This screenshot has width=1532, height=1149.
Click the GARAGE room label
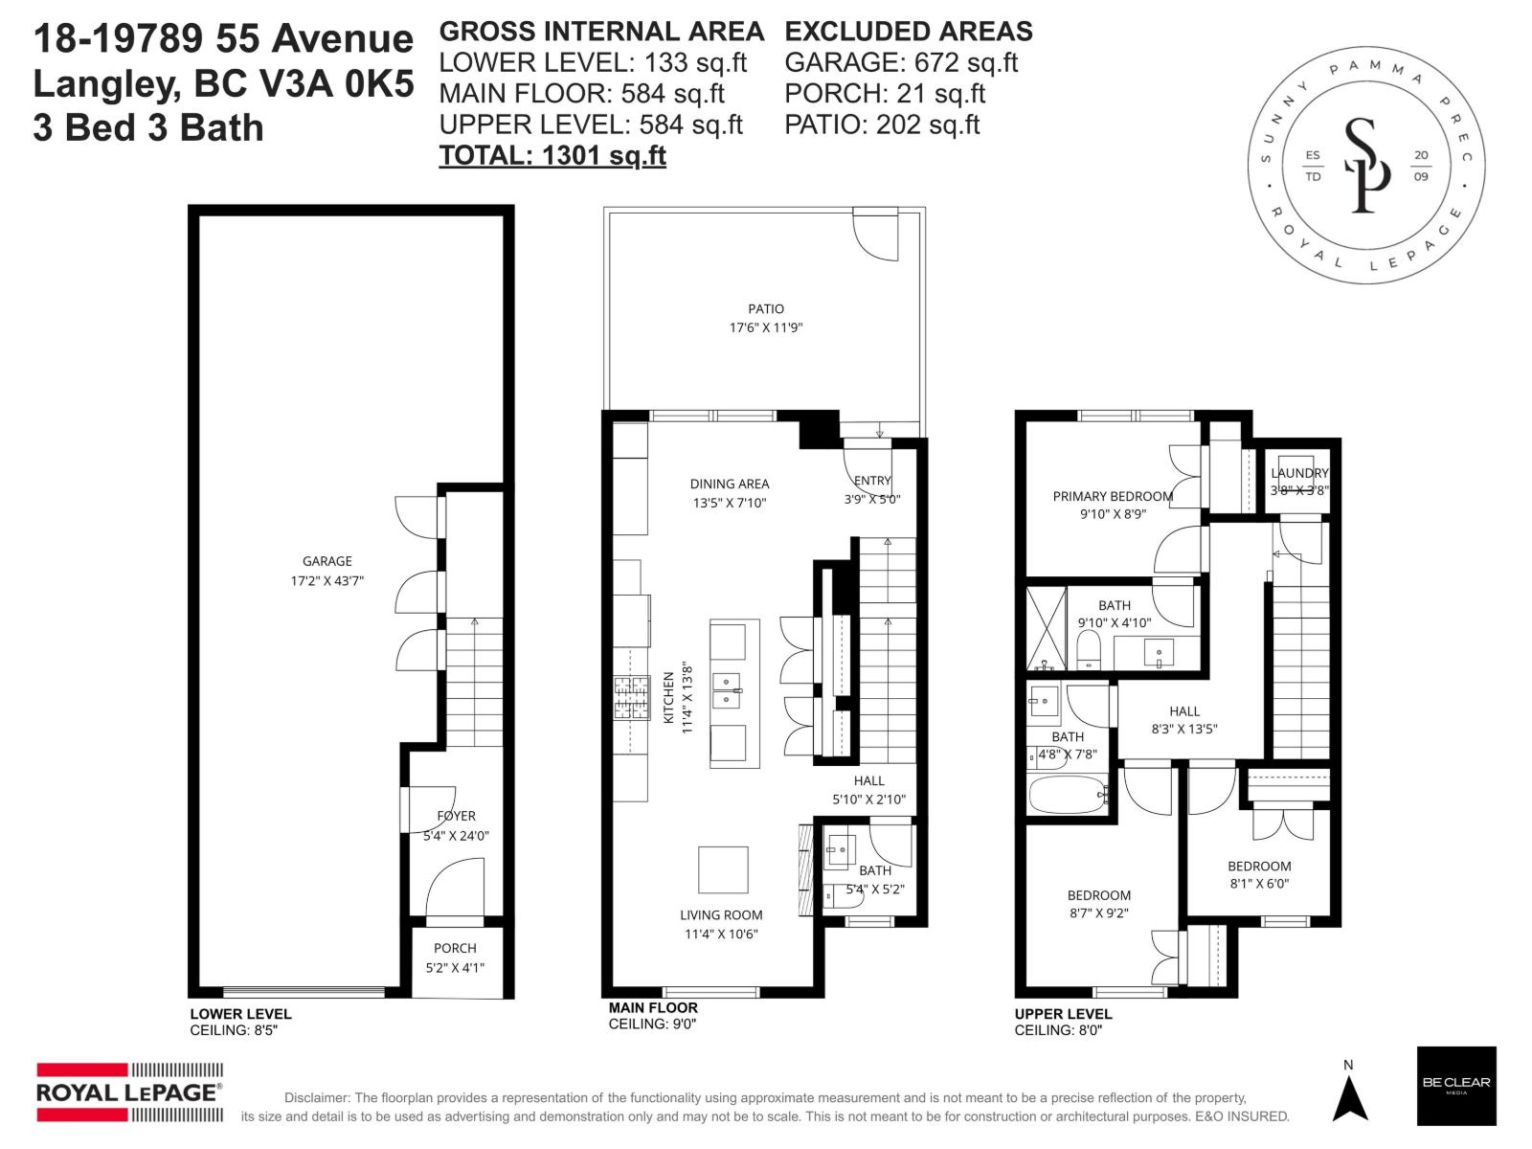point(327,561)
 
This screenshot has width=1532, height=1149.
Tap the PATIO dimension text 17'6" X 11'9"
point(765,327)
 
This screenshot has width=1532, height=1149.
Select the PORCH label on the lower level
point(455,948)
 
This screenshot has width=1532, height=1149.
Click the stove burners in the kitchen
point(630,698)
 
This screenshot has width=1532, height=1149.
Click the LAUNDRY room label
point(1299,473)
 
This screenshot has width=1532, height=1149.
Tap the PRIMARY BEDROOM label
point(1112,496)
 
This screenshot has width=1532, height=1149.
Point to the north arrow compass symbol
point(1349,1096)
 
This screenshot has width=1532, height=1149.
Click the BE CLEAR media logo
point(1455,1085)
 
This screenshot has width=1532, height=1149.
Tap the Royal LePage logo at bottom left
point(129,1092)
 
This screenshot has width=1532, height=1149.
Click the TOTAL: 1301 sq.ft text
point(552,155)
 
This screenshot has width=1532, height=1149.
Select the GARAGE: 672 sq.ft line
point(900,63)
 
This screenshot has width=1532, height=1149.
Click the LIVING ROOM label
point(721,915)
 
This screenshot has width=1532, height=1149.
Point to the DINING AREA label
point(729,484)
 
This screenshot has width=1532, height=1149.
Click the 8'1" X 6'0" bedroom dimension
point(1259,884)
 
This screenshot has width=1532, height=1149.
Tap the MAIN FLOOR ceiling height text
point(652,1025)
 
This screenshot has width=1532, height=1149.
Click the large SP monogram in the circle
point(1365,165)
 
